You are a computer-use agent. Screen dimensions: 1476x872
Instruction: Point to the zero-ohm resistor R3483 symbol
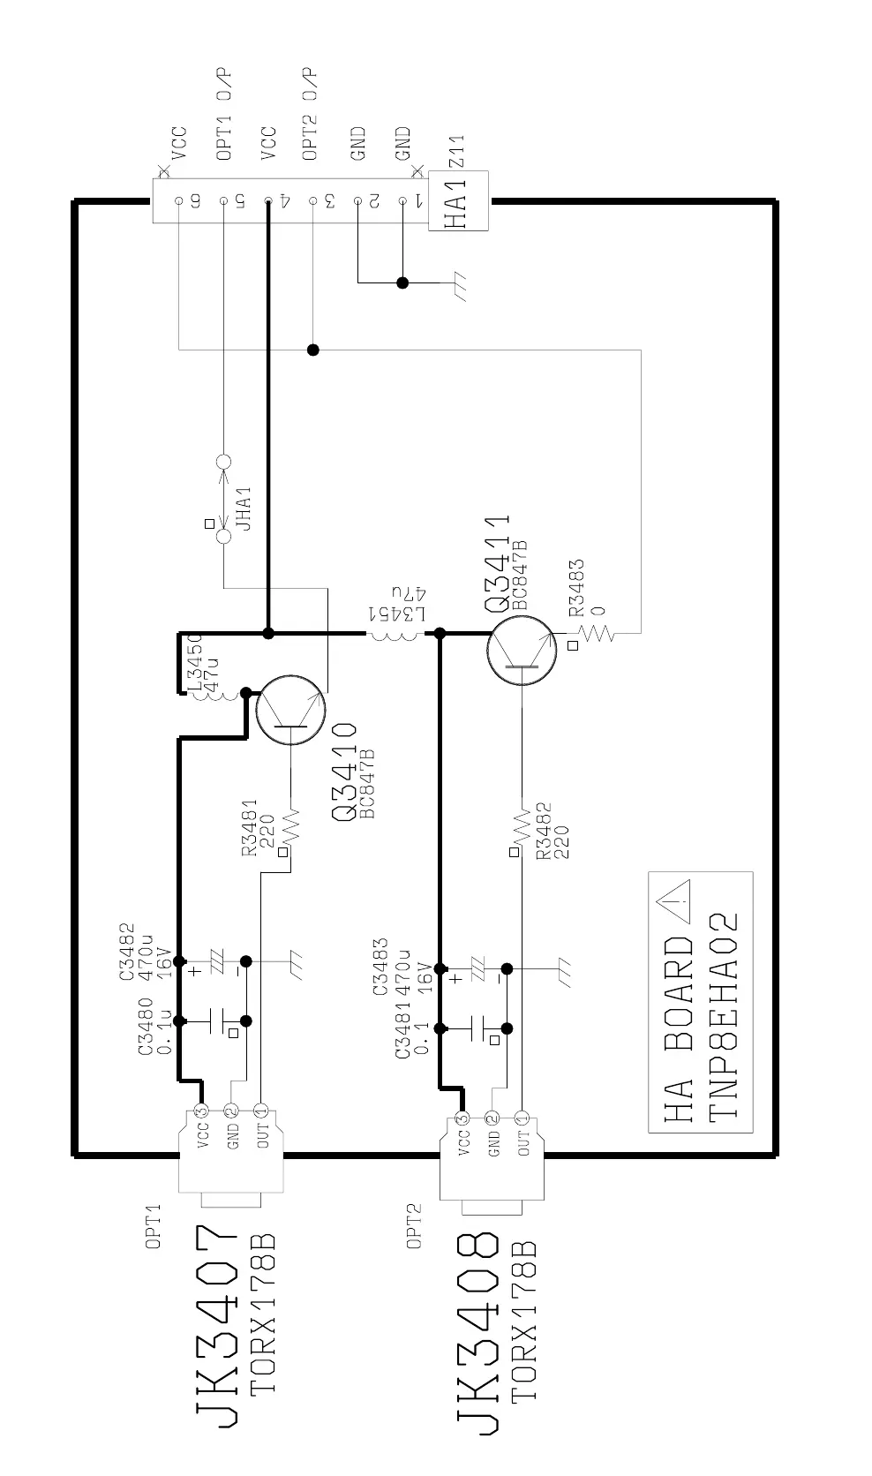coord(597,633)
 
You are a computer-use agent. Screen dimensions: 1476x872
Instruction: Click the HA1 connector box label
coord(457,203)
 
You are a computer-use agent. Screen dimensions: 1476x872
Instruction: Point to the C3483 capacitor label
coord(380,968)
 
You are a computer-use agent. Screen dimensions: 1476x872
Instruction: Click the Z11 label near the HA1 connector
coord(456,152)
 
